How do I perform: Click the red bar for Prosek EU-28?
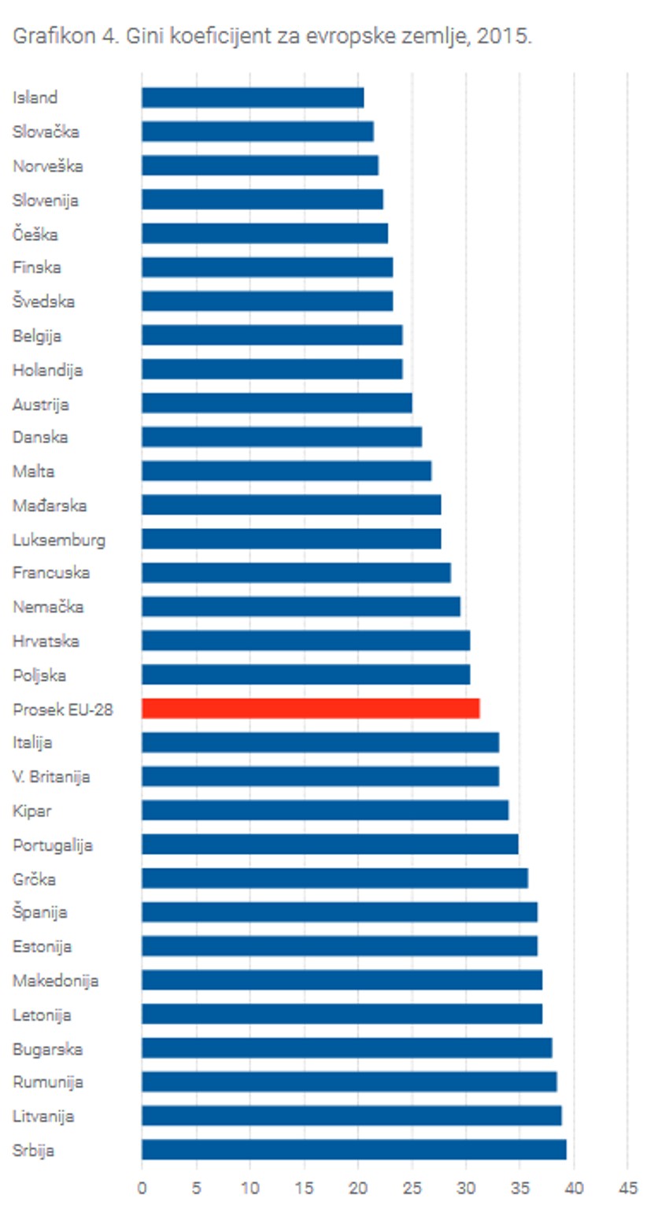pyautogui.click(x=310, y=708)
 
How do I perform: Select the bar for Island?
pyautogui.click(x=253, y=98)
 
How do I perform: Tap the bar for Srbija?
pyautogui.click(x=353, y=1149)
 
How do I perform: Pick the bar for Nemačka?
pyautogui.click(x=301, y=607)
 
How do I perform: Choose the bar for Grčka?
pyautogui.click(x=334, y=878)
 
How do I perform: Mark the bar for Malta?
pyautogui.click(x=286, y=471)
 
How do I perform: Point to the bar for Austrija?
pyautogui.click(x=276, y=403)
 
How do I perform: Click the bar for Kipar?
pyautogui.click(x=325, y=810)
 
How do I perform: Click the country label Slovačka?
pyautogui.click(x=46, y=131)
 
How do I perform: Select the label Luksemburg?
pyautogui.click(x=59, y=539)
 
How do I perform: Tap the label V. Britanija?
pyautogui.click(x=51, y=777)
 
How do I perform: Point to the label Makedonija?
pyautogui.click(x=55, y=981)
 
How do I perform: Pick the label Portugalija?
pyautogui.click(x=53, y=845)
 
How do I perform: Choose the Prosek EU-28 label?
pyautogui.click(x=63, y=709)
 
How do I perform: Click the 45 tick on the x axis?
pyautogui.click(x=627, y=1188)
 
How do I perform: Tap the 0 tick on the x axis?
pyautogui.click(x=142, y=1188)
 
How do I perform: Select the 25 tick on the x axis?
pyautogui.click(x=412, y=1188)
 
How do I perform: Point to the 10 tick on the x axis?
pyautogui.click(x=249, y=1188)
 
